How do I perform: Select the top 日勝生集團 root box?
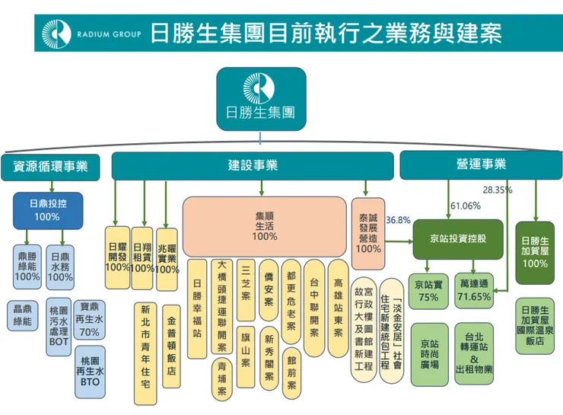pos(261,98)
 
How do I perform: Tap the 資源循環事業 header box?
pos(50,165)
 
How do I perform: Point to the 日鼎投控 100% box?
pos(47,210)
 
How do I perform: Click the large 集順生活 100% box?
pos(264,226)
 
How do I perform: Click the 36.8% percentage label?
pos(398,220)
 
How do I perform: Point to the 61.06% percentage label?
pos(466,206)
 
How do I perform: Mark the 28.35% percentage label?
pos(498,190)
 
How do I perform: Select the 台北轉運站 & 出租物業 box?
pos(474,353)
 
